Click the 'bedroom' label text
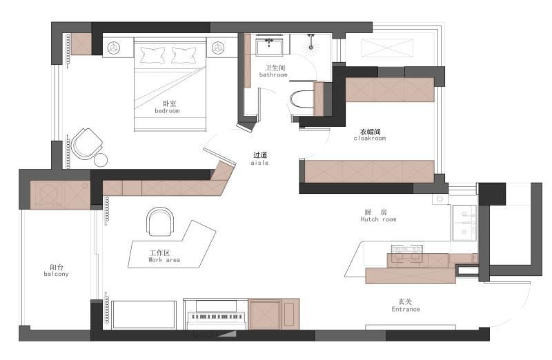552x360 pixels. click(x=167, y=111)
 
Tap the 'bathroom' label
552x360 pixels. click(x=273, y=75)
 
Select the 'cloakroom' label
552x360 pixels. click(x=370, y=139)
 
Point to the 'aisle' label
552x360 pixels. click(x=260, y=163)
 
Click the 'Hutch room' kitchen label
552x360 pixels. click(x=378, y=219)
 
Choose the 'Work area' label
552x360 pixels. click(x=164, y=260)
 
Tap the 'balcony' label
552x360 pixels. click(x=57, y=274)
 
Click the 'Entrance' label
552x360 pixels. click(x=406, y=310)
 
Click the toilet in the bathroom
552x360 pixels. click(x=302, y=99)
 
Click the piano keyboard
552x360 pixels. click(x=216, y=317)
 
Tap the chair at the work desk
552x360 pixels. click(x=160, y=221)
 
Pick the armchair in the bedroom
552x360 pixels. click(x=87, y=144)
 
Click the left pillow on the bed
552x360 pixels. click(x=152, y=55)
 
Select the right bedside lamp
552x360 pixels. click(x=218, y=48)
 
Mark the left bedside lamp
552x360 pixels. click(x=114, y=48)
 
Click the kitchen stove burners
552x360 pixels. click(x=407, y=252)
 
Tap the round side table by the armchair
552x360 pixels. click(x=101, y=160)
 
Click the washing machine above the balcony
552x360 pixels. click(x=47, y=195)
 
